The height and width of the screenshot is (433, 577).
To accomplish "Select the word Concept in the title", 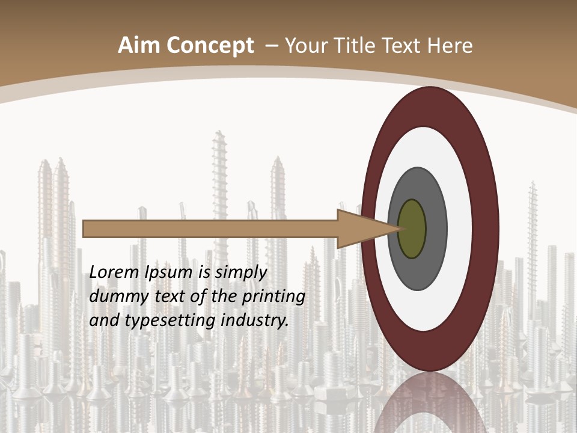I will point(210,46).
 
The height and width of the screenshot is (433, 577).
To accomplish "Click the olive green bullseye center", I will point(412,229).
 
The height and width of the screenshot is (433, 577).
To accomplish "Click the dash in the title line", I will point(271,46).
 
